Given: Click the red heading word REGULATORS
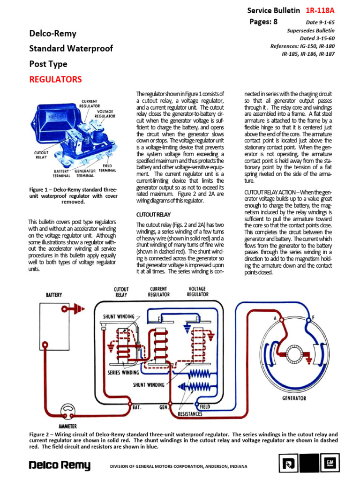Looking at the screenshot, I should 55,79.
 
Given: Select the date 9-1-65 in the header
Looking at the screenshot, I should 321,22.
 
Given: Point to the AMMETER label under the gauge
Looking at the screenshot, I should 67,426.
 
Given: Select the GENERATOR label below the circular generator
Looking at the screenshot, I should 294,398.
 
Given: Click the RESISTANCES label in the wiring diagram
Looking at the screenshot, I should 190,414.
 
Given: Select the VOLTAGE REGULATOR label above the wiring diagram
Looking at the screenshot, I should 197,292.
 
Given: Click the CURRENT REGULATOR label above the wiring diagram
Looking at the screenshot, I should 158,292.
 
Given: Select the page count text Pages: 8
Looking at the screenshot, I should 265,21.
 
